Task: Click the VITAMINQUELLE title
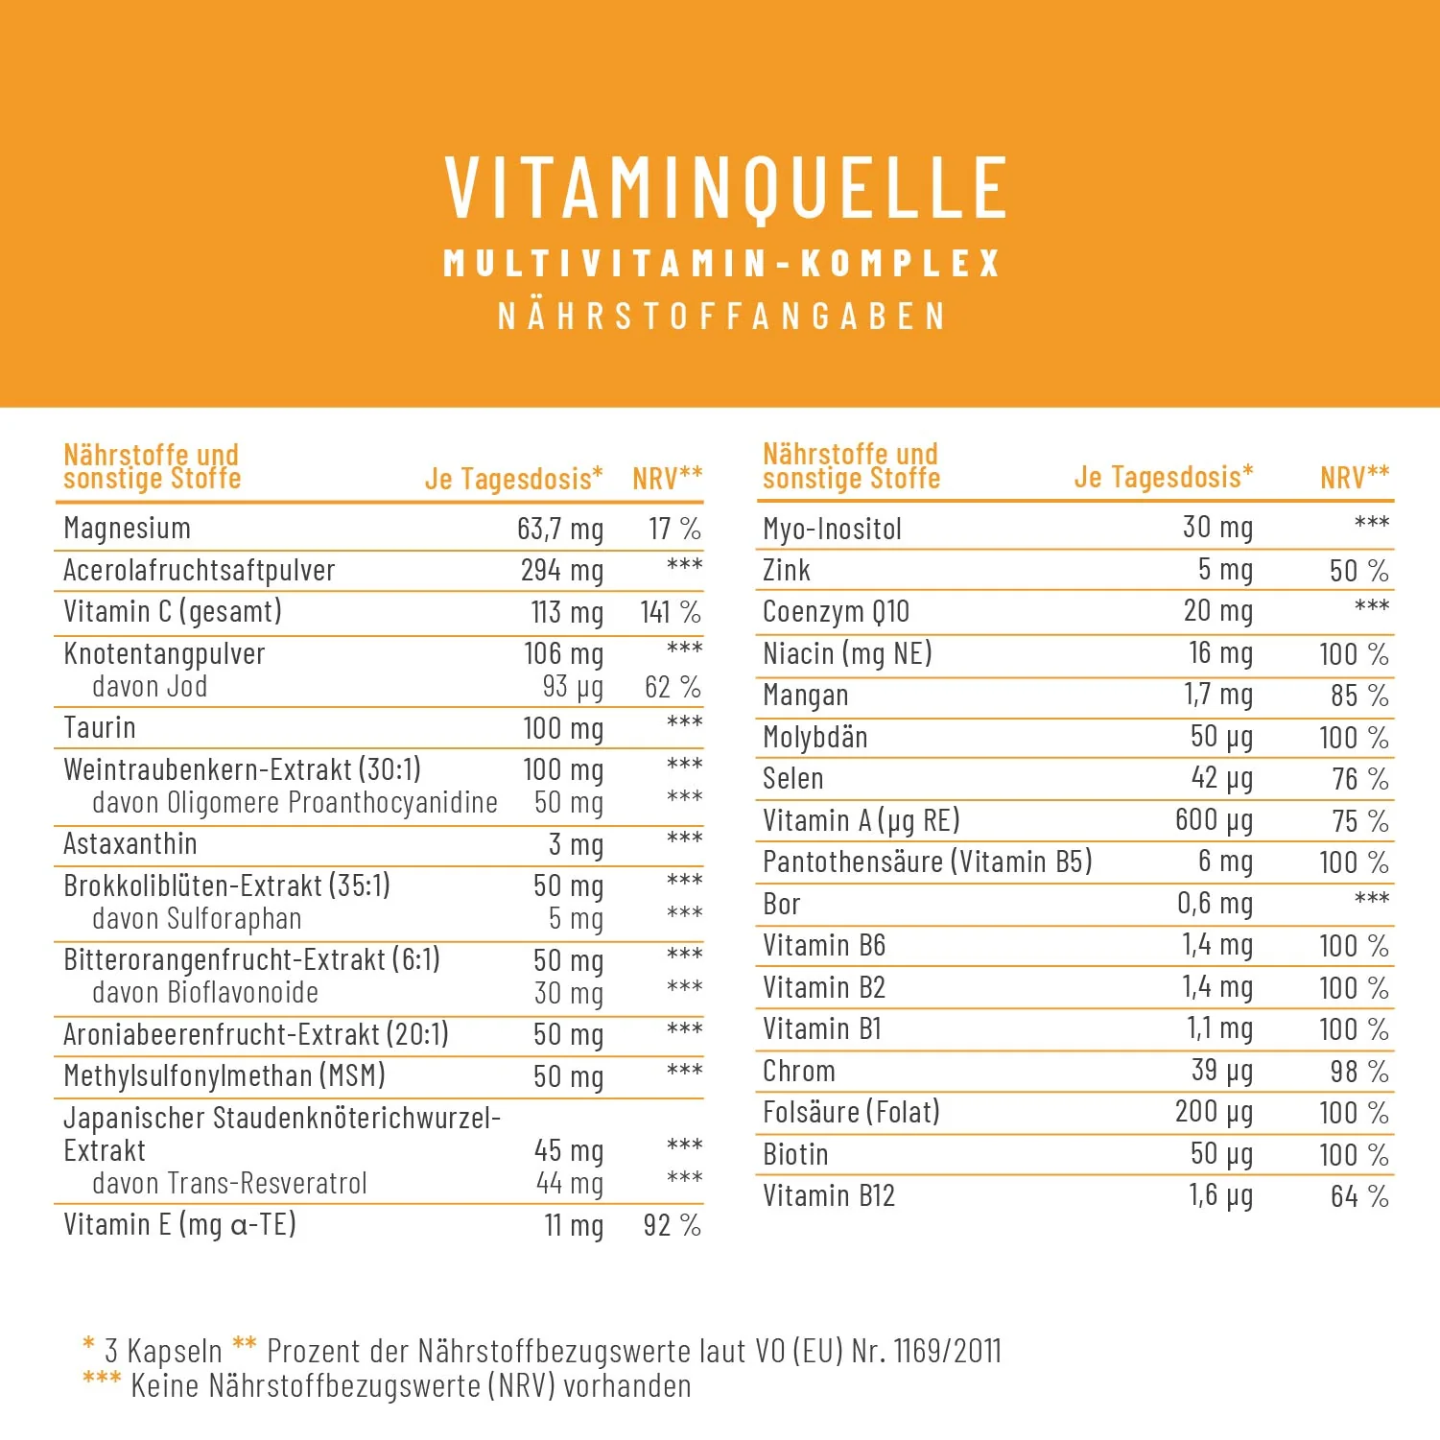tap(726, 188)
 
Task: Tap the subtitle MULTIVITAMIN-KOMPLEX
tap(721, 264)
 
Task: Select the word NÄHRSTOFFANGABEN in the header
tap(721, 317)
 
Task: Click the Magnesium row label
tap(127, 529)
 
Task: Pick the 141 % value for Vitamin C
tap(671, 612)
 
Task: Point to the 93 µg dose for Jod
tap(573, 687)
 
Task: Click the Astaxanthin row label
tap(130, 844)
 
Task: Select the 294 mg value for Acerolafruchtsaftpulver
tap(562, 570)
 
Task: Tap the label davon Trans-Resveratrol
tap(229, 1184)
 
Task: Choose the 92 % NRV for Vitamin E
tap(672, 1225)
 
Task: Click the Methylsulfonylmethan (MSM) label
tap(224, 1076)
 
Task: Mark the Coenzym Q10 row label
tap(836, 612)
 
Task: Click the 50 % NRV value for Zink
tap(1358, 571)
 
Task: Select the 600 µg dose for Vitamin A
tap(1214, 820)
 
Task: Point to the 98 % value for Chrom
tap(1359, 1072)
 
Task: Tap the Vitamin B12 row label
tap(829, 1196)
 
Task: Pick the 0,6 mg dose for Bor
tap(1215, 904)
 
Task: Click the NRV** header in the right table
tap(1355, 477)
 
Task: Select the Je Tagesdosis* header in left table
tap(514, 478)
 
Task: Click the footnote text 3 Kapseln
tap(163, 1352)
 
